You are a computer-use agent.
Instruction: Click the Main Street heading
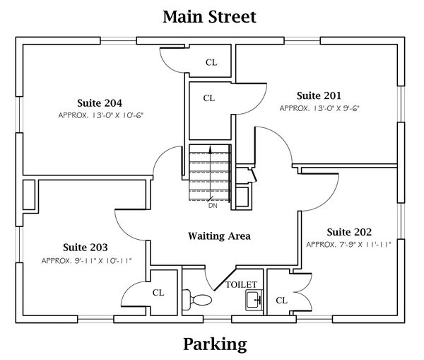coord(209,17)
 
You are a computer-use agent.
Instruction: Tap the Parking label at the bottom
coord(215,344)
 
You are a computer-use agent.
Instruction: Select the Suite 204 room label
coord(100,103)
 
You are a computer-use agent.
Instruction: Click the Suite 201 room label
coord(319,95)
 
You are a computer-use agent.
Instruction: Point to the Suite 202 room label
coord(349,232)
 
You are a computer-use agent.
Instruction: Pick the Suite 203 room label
coord(86,247)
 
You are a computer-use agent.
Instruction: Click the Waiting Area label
coord(219,236)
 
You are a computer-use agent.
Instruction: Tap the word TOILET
coord(241,285)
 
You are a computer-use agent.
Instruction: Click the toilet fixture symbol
coord(197,300)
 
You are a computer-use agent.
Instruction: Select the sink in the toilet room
coord(254,300)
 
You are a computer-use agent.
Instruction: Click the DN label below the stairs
coord(213,206)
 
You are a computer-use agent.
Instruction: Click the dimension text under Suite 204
coord(100,115)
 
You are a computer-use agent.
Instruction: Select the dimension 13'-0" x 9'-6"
coord(319,108)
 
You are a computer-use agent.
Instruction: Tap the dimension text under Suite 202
coord(349,245)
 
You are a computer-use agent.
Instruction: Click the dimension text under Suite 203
coord(86,261)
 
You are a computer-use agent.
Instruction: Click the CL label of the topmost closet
coord(211,62)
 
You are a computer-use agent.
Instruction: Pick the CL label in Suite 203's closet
coord(158,293)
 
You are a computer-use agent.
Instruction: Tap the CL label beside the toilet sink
coord(281,301)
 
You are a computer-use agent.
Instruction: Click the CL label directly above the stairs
coord(209,98)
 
